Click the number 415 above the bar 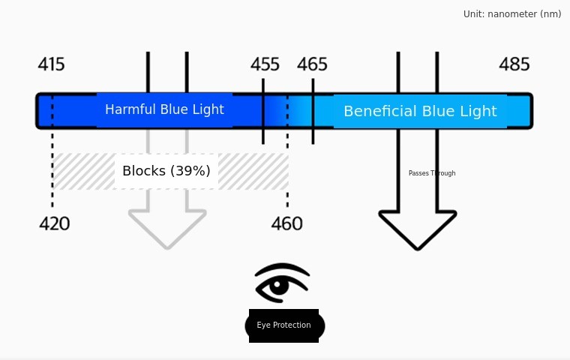click(x=51, y=64)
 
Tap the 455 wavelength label click(x=265, y=64)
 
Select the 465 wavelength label click(x=312, y=64)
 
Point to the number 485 click(x=514, y=64)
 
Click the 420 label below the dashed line click(x=54, y=223)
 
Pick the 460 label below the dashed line click(x=286, y=223)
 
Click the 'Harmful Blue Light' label click(x=164, y=109)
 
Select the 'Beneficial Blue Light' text click(x=420, y=111)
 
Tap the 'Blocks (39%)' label click(x=166, y=171)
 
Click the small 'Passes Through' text click(x=432, y=173)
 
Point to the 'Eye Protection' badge click(x=284, y=325)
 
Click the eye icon click(x=282, y=283)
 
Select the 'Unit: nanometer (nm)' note click(x=512, y=13)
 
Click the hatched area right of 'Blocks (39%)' click(x=253, y=171)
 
